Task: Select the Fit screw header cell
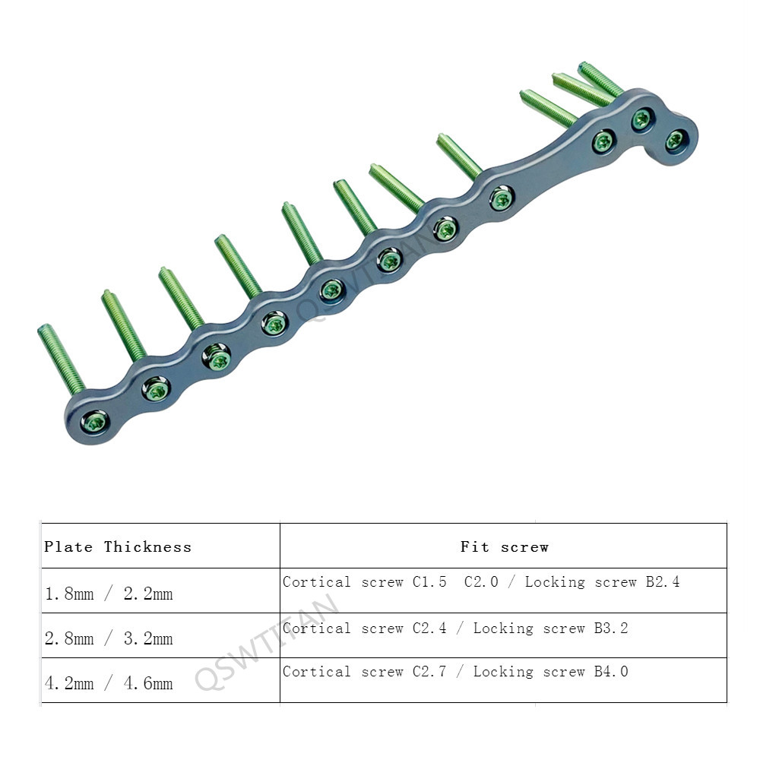504,546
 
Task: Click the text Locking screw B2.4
603,581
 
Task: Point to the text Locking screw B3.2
550,629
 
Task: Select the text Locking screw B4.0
550,671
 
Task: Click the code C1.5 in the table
429,581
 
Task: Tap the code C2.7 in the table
429,671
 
